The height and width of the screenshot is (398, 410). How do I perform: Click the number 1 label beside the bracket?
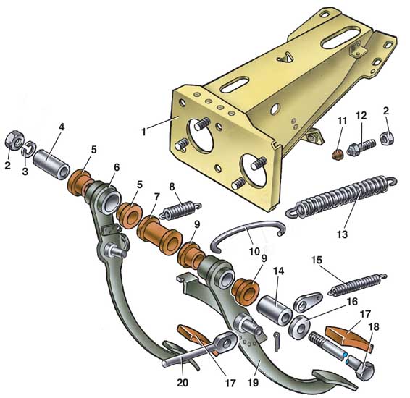143,132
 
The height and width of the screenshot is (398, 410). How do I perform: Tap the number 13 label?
342,234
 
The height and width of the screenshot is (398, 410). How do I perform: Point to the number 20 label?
183,383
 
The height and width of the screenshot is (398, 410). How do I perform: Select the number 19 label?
253,383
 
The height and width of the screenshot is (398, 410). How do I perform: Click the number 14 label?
278,271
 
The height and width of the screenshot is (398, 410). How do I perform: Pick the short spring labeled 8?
180,209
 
